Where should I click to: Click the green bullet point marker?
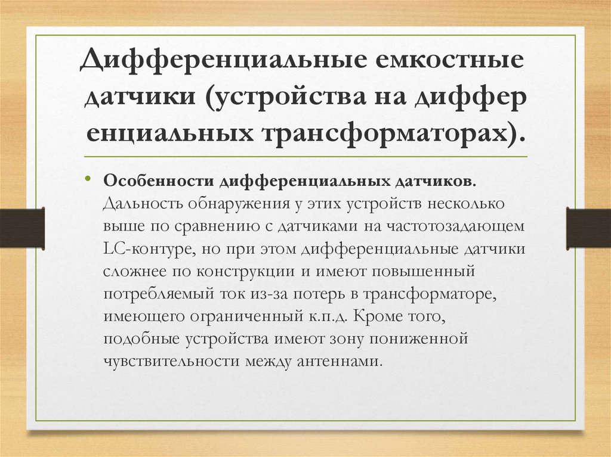(88, 179)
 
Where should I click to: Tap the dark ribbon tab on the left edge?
(22, 228)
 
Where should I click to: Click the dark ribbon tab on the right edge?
(588, 228)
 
